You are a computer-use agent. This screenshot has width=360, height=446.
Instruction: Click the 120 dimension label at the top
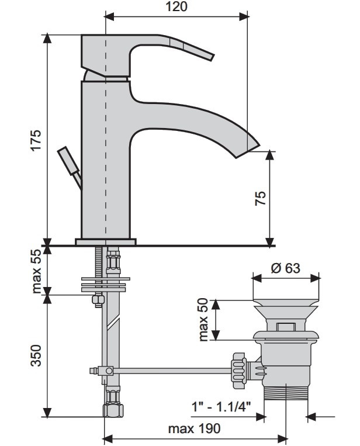176,6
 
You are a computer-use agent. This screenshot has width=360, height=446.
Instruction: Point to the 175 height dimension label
36,140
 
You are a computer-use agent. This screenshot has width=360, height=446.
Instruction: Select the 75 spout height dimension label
261,198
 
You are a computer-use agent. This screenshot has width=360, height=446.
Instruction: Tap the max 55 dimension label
36,271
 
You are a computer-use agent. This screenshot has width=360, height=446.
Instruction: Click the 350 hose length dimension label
36,356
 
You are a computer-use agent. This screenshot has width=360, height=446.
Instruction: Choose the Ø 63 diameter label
285,268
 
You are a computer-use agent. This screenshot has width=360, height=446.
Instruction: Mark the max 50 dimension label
204,319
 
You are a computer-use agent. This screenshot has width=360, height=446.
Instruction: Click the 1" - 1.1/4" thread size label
221,406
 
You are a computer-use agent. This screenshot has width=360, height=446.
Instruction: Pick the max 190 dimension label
194,428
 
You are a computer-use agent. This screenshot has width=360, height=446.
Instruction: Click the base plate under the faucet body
106,242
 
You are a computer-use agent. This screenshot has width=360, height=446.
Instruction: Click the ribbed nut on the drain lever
238,371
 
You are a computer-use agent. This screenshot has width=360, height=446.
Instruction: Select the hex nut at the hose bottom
113,410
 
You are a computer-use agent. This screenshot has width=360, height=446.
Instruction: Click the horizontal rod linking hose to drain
172,371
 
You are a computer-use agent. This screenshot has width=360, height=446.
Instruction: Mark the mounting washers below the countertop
105,285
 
